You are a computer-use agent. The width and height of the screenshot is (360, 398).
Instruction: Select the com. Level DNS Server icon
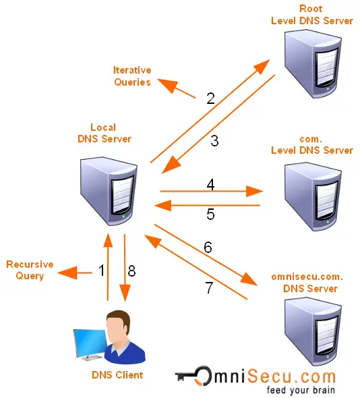[311, 192]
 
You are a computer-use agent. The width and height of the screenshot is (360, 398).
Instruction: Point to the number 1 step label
[102, 271]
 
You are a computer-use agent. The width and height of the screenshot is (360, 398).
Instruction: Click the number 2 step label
[210, 98]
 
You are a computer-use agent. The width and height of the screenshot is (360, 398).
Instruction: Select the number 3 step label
[214, 141]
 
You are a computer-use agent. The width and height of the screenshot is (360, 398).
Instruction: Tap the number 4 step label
[210, 183]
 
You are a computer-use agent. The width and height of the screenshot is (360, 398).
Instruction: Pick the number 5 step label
[210, 215]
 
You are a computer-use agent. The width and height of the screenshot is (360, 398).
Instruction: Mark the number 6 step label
[208, 247]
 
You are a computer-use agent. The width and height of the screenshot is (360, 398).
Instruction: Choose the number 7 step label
[209, 287]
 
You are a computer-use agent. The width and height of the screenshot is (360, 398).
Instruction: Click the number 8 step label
[131, 271]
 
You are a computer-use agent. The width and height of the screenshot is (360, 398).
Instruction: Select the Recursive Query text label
[30, 270]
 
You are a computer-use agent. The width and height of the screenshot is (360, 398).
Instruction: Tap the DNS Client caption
[117, 374]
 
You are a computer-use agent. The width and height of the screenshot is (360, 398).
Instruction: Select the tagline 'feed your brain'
[301, 390]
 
